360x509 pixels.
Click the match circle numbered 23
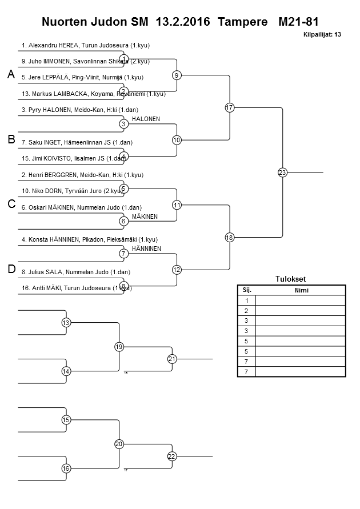pyautogui.click(x=282, y=173)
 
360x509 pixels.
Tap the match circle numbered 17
pyautogui.click(x=230, y=107)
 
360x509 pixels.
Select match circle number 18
pyautogui.click(x=230, y=238)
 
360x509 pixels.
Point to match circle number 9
pyautogui.click(x=177, y=75)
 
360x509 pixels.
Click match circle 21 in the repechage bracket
pyautogui.click(x=172, y=359)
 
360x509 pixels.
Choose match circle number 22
pyautogui.click(x=172, y=456)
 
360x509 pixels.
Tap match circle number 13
pyautogui.click(x=66, y=323)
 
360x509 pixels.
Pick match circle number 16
pyautogui.click(x=66, y=468)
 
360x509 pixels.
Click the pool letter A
pyautogui.click(x=11, y=75)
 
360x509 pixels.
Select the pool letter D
pyautogui.click(x=11, y=270)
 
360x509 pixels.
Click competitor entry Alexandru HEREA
pyautogui.click(x=86, y=45)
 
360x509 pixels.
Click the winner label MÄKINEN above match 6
pyautogui.click(x=145, y=217)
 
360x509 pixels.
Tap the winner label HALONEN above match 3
pyautogui.click(x=146, y=119)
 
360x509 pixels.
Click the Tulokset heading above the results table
pyautogui.click(x=291, y=279)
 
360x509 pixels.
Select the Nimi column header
pyautogui.click(x=300, y=290)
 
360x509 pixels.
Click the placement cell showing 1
pyautogui.click(x=246, y=300)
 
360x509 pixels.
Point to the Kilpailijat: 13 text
pyautogui.click(x=322, y=35)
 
